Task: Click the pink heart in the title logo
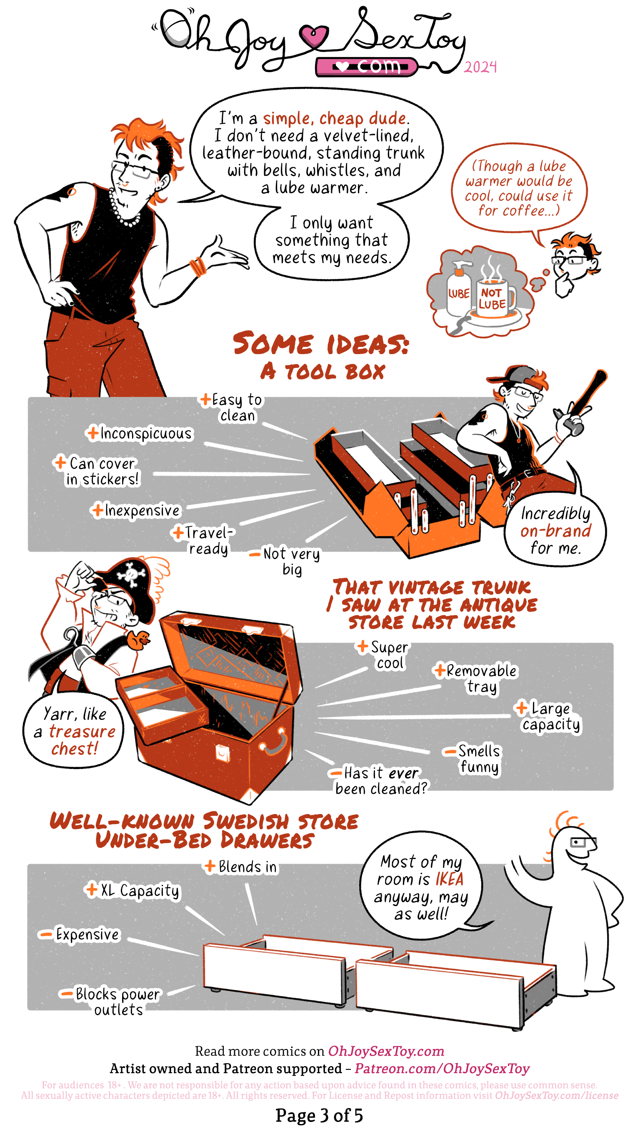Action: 314,35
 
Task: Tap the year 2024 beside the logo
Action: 480,67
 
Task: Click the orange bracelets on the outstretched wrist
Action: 197,267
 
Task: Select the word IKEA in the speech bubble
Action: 450,879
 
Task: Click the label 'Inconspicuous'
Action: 140,434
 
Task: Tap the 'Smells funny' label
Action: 474,759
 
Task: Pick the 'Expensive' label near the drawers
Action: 80,934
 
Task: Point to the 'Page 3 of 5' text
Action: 320,1115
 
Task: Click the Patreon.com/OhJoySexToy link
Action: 442,1069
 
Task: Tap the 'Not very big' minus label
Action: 285,561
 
